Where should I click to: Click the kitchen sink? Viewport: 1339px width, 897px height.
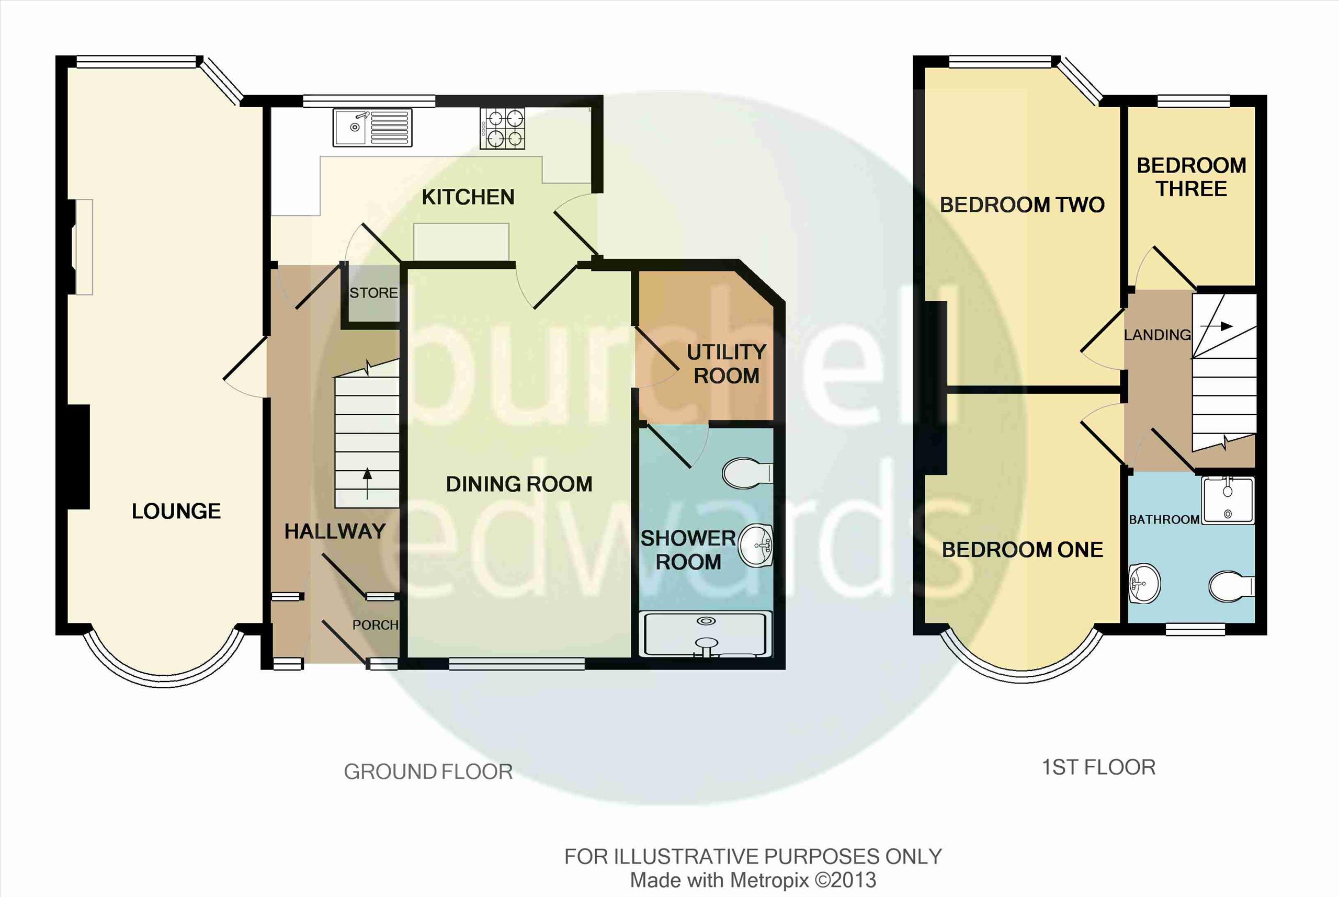point(372,127)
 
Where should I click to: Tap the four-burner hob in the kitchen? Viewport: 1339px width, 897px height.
point(502,129)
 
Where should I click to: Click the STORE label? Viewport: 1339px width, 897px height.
point(373,293)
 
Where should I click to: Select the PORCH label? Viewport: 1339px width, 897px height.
point(375,625)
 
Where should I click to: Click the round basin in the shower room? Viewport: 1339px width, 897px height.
point(755,545)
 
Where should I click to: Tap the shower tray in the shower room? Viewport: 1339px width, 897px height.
point(708,634)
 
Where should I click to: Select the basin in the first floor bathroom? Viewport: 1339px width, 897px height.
point(1144,584)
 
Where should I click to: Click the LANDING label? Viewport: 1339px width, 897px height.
point(1157,335)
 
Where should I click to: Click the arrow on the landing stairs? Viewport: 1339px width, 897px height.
point(1216,326)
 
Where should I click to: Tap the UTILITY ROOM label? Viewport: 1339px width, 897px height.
point(727,364)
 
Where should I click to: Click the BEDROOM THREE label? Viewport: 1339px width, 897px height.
point(1192,177)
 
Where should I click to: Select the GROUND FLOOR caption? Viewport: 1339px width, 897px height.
point(428,771)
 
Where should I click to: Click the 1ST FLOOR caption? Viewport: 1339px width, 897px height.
point(1098,767)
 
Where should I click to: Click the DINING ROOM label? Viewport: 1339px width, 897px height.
point(519,484)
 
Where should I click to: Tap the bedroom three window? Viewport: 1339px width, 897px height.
point(1193,101)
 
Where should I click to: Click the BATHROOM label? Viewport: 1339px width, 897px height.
point(1164,519)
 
